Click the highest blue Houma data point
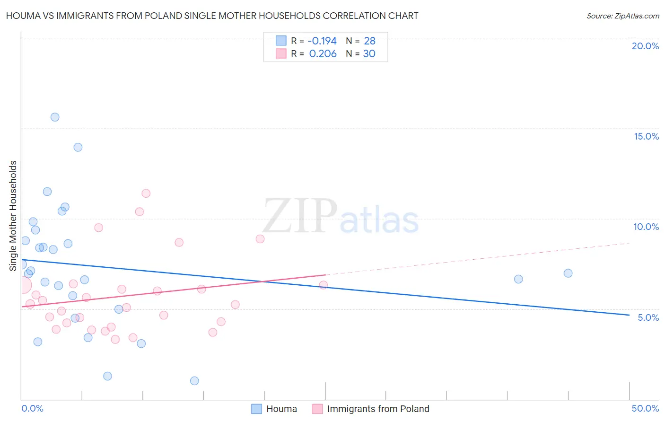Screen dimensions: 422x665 click(x=55, y=117)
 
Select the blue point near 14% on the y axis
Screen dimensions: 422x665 click(x=78, y=147)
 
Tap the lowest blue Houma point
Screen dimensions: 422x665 click(x=194, y=381)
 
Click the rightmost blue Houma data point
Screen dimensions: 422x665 click(x=568, y=273)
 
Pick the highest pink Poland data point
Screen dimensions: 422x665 click(x=146, y=193)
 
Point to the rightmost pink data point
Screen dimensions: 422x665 click(x=324, y=285)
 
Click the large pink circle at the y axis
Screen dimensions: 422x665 click(x=23, y=285)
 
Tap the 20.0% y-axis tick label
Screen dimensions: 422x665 click(x=645, y=46)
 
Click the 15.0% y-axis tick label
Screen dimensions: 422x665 click(x=646, y=136)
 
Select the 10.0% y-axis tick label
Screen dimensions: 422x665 click(x=646, y=227)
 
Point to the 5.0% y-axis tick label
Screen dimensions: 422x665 click(x=648, y=317)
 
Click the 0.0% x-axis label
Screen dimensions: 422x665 click(x=32, y=408)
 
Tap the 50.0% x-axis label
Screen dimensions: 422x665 click(x=645, y=408)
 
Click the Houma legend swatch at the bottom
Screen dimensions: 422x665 click(x=256, y=409)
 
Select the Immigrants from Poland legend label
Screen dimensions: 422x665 click(x=378, y=409)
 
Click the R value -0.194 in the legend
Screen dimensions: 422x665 click(x=322, y=41)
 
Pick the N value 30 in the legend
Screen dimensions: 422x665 click(x=369, y=54)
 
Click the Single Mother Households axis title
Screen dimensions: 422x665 click(x=13, y=216)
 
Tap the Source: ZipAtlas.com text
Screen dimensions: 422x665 click(x=622, y=16)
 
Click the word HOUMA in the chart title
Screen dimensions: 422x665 click(x=22, y=16)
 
